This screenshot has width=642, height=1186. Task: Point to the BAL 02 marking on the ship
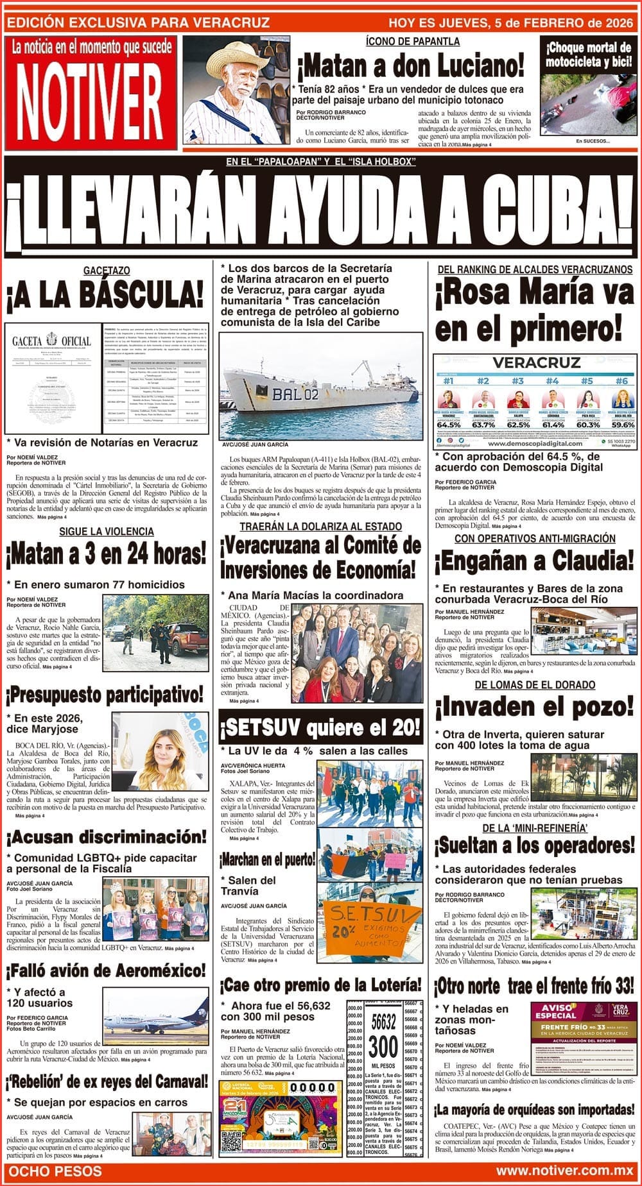(x=295, y=394)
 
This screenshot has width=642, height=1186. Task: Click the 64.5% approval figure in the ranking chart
(x=449, y=424)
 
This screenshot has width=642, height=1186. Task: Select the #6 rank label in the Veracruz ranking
(x=620, y=381)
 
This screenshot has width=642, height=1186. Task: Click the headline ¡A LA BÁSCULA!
(x=106, y=296)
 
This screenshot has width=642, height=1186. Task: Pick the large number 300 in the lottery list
(x=383, y=1047)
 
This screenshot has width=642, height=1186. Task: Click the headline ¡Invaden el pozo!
(x=534, y=707)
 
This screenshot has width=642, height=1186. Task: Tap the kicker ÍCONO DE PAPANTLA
(x=413, y=41)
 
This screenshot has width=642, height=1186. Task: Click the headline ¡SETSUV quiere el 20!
(x=321, y=727)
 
